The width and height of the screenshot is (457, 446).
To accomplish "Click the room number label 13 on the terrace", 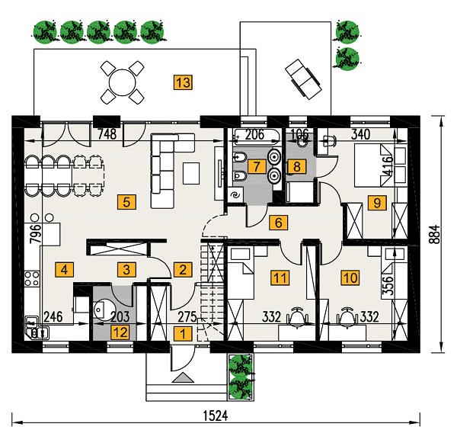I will [x=182, y=82].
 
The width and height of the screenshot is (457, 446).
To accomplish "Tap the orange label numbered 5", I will [x=126, y=202].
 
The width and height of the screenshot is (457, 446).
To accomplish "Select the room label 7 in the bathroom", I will [x=256, y=166].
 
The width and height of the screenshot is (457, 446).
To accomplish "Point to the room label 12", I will [x=120, y=332].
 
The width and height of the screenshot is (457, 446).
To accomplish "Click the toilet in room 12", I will [x=102, y=310].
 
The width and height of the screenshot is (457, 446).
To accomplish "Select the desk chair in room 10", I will [x=347, y=314].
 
